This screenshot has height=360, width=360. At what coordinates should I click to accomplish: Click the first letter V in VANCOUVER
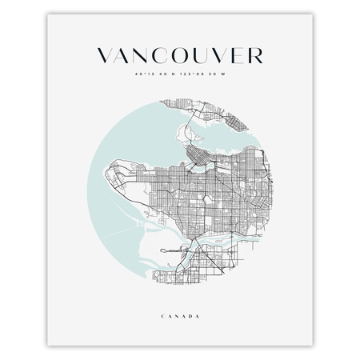(x=105, y=55)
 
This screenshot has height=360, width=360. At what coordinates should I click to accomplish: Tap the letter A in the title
(x=126, y=55)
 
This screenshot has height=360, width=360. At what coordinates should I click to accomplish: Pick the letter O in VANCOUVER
(x=187, y=55)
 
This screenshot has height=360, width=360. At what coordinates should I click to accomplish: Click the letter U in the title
(x=207, y=55)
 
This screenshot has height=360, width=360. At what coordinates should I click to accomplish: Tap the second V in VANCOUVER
(x=226, y=55)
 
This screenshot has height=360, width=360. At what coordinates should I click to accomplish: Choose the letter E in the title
(x=242, y=55)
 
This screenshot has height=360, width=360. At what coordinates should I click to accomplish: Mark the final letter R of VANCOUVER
(x=256, y=55)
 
